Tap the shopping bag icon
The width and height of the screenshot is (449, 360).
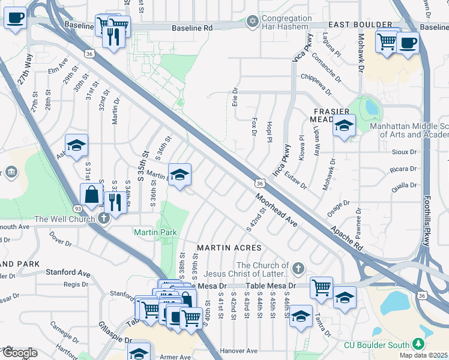91,194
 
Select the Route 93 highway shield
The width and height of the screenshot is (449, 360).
78,208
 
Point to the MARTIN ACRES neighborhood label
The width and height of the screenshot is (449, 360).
229,248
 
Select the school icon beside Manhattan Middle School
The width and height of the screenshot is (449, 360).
344,125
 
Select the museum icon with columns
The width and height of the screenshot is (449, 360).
11,173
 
